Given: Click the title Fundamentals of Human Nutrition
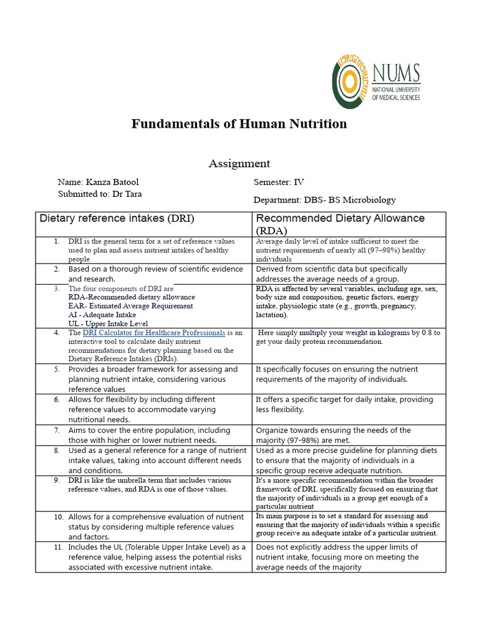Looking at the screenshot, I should pos(239,123).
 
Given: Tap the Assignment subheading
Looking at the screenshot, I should pos(239,163).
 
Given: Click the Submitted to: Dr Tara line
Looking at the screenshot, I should pos(100,194).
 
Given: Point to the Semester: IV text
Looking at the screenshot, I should pos(279,182).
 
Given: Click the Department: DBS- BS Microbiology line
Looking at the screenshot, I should pos(324,200).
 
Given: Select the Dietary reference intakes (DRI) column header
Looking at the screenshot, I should pos(117,218).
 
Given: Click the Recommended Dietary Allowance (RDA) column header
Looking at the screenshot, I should pos(340,224).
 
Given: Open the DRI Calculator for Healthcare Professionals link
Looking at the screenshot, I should pos(153,333).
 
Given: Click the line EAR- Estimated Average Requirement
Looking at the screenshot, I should pos(130,306).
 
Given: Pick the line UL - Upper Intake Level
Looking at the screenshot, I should pos(108,323).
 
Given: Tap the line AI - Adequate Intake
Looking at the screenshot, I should pos(102,315).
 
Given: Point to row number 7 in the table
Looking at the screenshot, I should pos(56,430).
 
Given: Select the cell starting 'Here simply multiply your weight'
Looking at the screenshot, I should pos(349,337).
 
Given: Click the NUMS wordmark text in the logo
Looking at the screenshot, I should pos(395,74).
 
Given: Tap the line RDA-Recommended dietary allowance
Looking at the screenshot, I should pos(132,297).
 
